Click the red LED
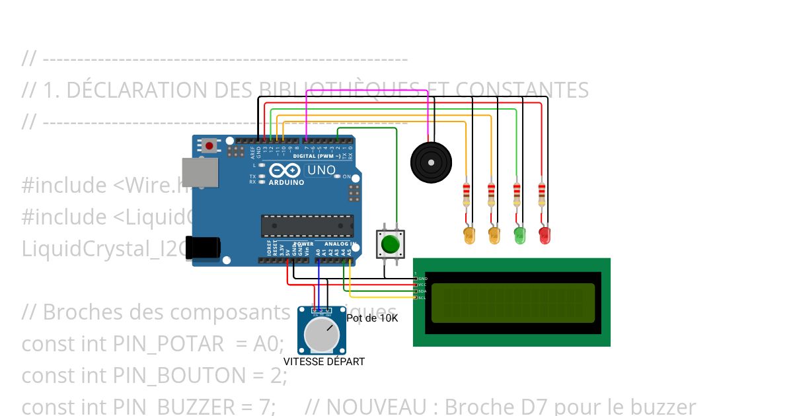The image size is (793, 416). [545, 234]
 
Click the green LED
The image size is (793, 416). [519, 234]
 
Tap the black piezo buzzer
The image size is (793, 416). [432, 161]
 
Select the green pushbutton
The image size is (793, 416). [391, 244]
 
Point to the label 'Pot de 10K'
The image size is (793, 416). [373, 318]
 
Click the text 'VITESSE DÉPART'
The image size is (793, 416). [324, 362]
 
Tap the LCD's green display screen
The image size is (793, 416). [513, 302]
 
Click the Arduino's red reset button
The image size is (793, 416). [210, 145]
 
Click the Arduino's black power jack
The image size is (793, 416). [202, 248]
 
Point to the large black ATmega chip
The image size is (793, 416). [305, 225]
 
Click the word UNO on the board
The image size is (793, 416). [322, 170]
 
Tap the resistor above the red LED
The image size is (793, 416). [541, 193]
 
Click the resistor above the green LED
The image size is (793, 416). [517, 193]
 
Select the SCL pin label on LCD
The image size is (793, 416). [422, 298]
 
